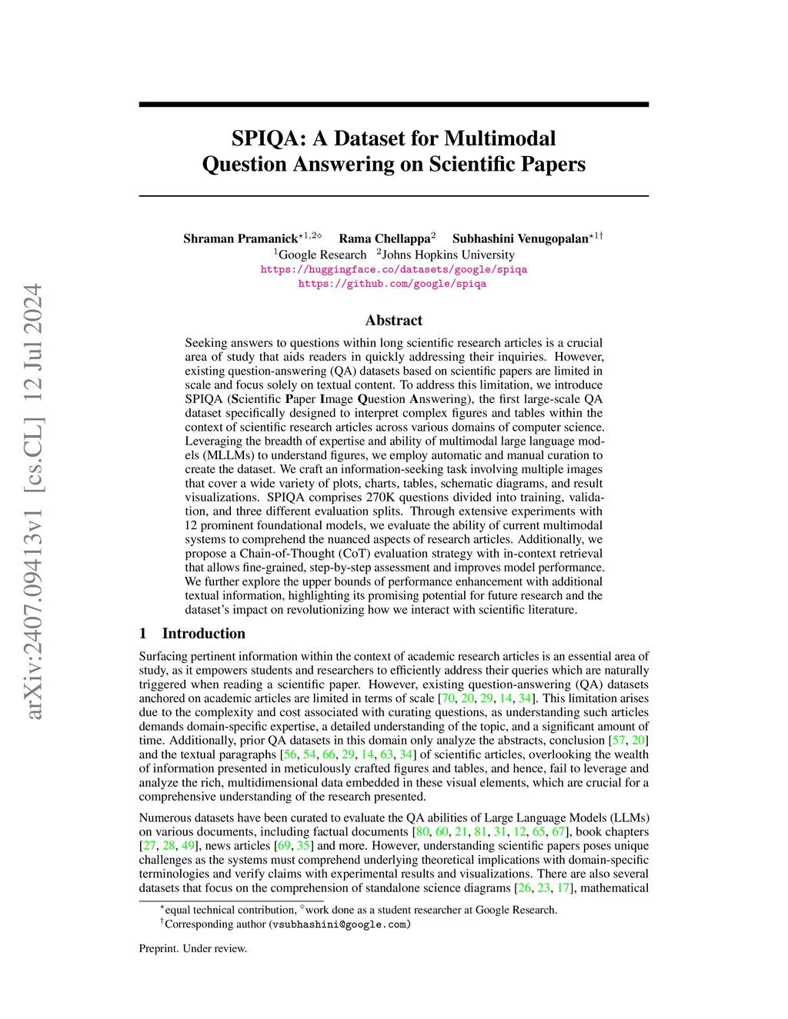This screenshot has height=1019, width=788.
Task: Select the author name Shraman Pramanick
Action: [x=240, y=238]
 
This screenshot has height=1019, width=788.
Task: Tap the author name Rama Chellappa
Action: [x=384, y=238]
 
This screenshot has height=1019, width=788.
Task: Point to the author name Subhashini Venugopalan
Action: [x=520, y=238]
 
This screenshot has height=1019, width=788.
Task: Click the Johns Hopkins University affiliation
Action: [x=449, y=255]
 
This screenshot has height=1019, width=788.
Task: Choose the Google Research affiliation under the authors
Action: [x=322, y=255]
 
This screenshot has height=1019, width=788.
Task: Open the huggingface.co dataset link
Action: [x=393, y=269]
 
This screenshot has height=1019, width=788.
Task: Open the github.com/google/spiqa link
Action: [x=392, y=283]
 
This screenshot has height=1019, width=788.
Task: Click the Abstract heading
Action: [x=393, y=320]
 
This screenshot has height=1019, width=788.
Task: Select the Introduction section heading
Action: [x=203, y=633]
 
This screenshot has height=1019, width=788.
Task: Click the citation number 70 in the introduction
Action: [x=447, y=698]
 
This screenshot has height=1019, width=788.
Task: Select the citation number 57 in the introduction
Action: [x=618, y=740]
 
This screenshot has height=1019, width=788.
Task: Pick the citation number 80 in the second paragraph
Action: [x=422, y=831]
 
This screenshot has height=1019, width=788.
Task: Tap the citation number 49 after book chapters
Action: [x=189, y=845]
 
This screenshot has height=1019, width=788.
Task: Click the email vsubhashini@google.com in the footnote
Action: [x=339, y=924]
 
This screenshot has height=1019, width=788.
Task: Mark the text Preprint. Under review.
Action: [x=193, y=948]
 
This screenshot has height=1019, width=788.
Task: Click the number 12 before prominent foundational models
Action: [x=192, y=525]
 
